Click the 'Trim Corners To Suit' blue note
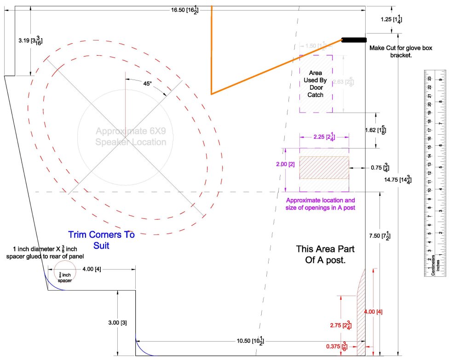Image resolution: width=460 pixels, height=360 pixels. pos(101,240)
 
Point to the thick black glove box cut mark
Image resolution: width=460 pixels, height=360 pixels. pos(354,40)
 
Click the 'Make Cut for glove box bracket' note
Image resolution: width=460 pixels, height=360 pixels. pos(401,51)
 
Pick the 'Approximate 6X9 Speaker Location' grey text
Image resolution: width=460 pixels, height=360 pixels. pos(131,137)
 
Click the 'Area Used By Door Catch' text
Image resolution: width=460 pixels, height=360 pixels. pos(316,84)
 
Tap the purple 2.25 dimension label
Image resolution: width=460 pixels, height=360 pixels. pos(323,137)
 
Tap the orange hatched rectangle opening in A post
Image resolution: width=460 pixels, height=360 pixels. pos(324,167)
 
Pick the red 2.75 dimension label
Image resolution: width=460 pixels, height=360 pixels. pos(341,325)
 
